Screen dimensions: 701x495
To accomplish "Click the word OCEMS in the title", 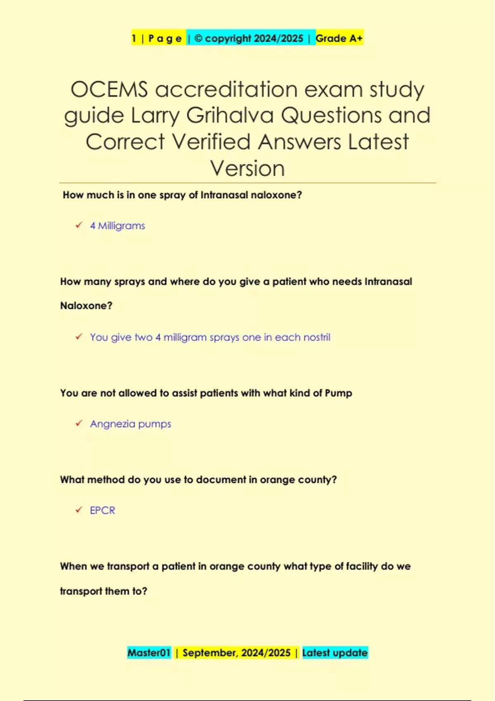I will pyautogui.click(x=109, y=89).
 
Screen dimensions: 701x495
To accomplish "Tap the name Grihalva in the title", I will pyautogui.click(x=230, y=115).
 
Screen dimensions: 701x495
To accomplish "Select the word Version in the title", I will pyautogui.click(x=247, y=168).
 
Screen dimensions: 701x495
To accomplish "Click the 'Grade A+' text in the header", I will pyautogui.click(x=339, y=38).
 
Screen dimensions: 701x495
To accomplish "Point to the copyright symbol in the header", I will pyautogui.click(x=198, y=38).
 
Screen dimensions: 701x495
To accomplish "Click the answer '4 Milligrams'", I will pyautogui.click(x=118, y=226).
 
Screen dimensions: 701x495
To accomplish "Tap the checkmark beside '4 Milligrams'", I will pyautogui.click(x=79, y=225).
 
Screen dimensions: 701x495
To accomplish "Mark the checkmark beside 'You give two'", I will pyautogui.click(x=79, y=336).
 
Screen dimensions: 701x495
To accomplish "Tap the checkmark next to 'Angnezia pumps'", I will pyautogui.click(x=79, y=423).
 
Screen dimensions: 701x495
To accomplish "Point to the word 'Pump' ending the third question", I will pyautogui.click(x=338, y=393).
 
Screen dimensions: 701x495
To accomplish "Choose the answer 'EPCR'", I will pyautogui.click(x=102, y=510).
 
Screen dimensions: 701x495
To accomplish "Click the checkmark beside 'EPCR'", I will pyautogui.click(x=79, y=510).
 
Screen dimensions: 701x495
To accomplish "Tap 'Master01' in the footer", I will pyautogui.click(x=149, y=653).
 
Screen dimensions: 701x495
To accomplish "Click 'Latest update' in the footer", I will pyautogui.click(x=335, y=653).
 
